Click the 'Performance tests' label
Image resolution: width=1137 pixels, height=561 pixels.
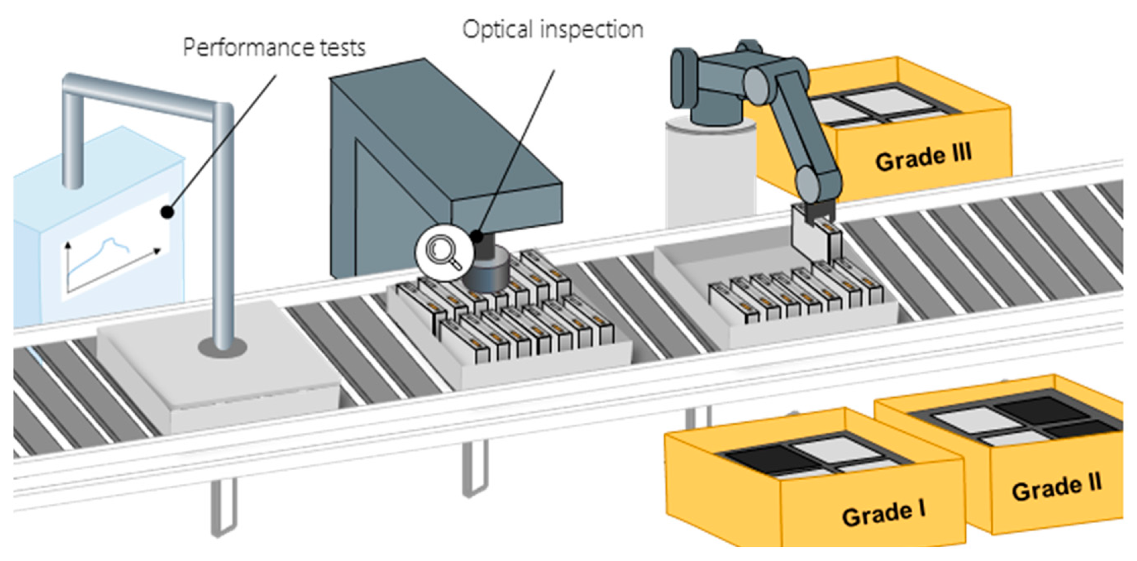(x=274, y=48)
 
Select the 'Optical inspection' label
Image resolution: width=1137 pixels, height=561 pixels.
(x=553, y=29)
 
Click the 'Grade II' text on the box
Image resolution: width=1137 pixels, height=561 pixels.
(x=1057, y=487)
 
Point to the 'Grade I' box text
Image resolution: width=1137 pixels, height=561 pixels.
(x=883, y=513)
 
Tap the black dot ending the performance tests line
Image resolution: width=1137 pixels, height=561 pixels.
(x=168, y=212)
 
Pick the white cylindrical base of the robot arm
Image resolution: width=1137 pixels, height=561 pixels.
(x=710, y=172)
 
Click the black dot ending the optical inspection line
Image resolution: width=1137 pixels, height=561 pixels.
(x=477, y=237)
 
